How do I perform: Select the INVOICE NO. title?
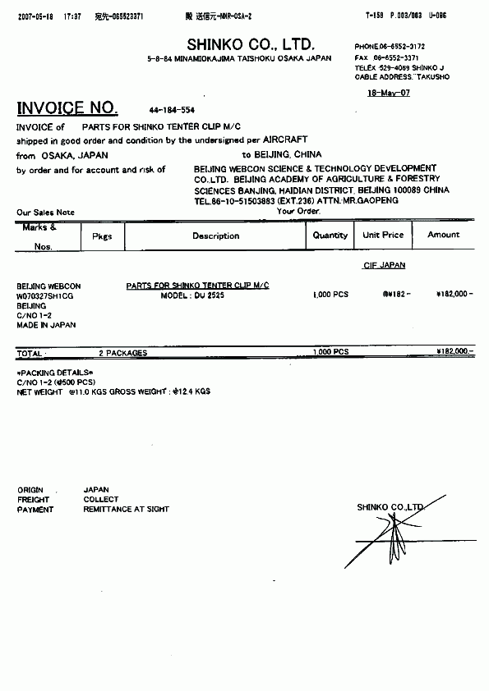[67, 108]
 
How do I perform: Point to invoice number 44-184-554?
[172, 109]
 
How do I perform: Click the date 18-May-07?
[388, 93]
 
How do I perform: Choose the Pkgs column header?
[102, 236]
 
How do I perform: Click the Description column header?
[216, 236]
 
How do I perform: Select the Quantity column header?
[330, 236]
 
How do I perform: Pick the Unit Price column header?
[383, 235]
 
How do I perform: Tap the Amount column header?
[444, 235]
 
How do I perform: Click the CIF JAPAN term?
[384, 265]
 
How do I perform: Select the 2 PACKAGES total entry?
[123, 353]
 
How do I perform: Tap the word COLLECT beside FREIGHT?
[101, 499]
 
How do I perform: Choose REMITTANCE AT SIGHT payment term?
[126, 509]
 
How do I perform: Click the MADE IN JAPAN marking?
[46, 325]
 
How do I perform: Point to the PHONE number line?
[390, 48]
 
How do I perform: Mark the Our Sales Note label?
[45, 213]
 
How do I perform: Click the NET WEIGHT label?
[39, 392]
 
